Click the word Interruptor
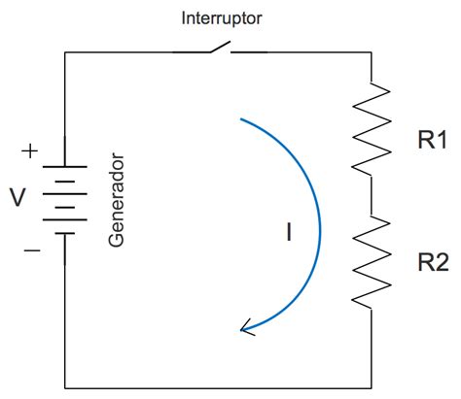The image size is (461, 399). click(x=222, y=18)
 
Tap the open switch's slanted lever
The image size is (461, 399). click(x=221, y=47)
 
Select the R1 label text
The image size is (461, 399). click(x=433, y=140)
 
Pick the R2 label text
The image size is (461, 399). click(x=433, y=262)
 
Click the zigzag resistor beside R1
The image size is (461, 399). click(x=372, y=129)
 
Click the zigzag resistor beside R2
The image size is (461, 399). click(x=372, y=261)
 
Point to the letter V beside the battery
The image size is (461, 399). click(x=18, y=197)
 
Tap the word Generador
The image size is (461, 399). click(x=116, y=201)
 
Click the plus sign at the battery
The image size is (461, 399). click(x=29, y=151)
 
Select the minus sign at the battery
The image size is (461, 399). click(x=32, y=250)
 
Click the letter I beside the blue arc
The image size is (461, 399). click(x=289, y=232)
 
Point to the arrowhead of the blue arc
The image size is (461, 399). click(x=246, y=328)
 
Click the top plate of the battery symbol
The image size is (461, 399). click(x=65, y=167)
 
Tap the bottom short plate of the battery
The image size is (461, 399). click(x=65, y=233)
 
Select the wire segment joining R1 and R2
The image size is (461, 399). click(x=372, y=195)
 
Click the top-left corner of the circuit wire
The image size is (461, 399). click(x=65, y=52)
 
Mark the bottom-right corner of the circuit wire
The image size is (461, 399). click(x=372, y=387)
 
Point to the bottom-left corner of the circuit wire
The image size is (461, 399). click(x=65, y=387)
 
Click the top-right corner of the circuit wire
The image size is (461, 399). click(x=372, y=52)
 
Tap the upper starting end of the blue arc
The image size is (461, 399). click(x=240, y=119)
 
